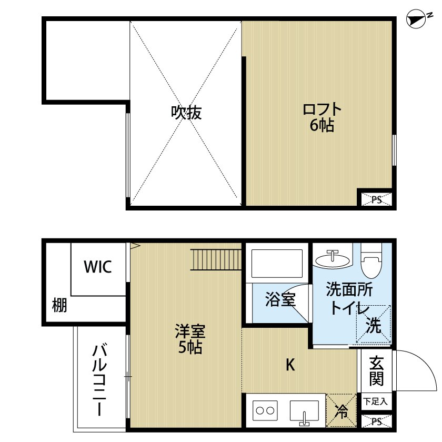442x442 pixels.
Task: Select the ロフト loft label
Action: coord(322,110)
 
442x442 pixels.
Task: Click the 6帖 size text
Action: coord(322,126)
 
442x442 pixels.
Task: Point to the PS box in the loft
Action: coord(376,199)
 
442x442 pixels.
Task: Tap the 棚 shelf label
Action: coord(59,305)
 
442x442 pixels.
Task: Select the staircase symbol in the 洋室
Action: coord(216,259)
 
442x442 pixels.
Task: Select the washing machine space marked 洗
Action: coord(374,326)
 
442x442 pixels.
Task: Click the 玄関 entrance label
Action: coord(376,370)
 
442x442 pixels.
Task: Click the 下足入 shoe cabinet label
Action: coord(376,401)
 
